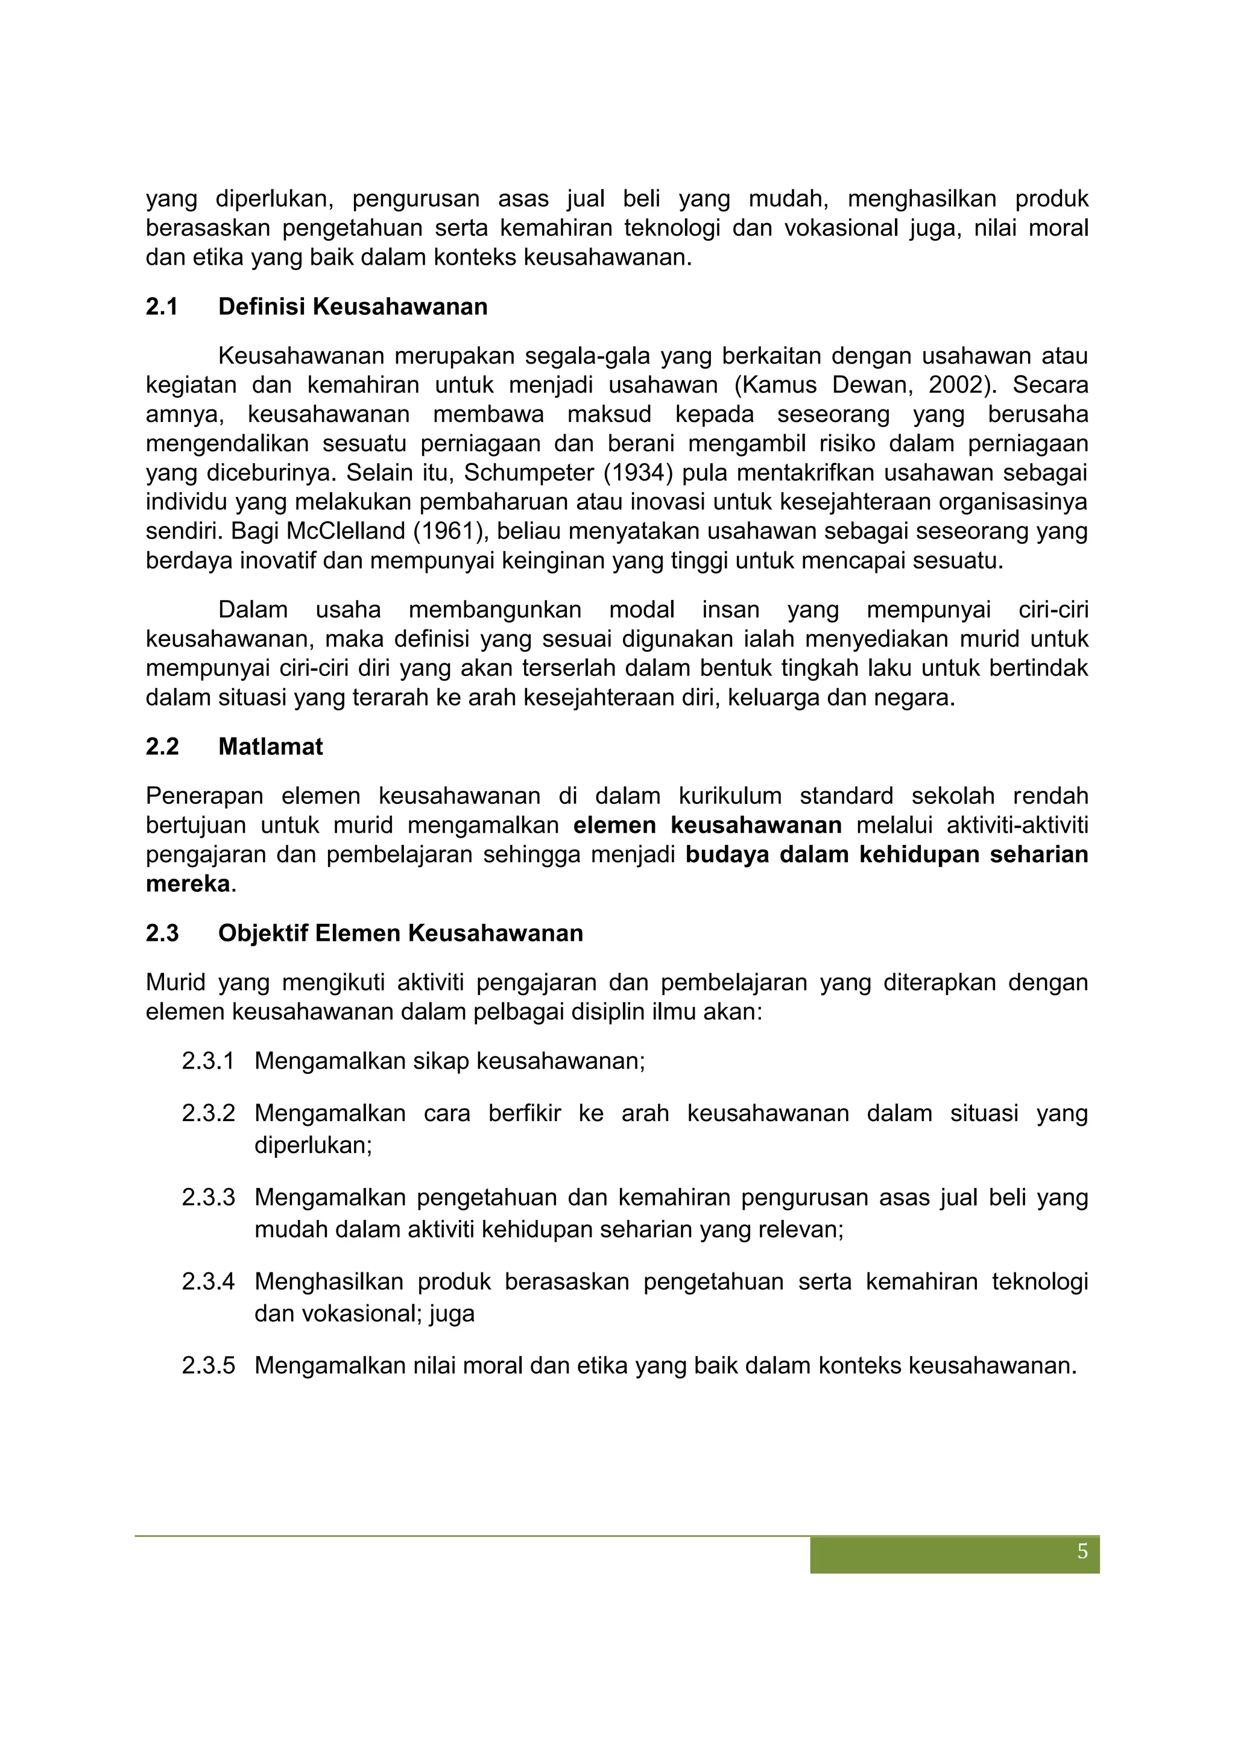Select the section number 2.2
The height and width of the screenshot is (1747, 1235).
pos(162,747)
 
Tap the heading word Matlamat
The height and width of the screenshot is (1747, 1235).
pos(270,747)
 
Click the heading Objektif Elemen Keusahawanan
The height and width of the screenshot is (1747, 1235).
pos(400,933)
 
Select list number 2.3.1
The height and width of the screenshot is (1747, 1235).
pos(207,1061)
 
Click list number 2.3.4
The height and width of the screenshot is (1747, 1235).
pos(207,1282)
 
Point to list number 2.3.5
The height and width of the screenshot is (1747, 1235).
pos(207,1366)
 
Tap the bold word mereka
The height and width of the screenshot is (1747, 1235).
pos(187,883)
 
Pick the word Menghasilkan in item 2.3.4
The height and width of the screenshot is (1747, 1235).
pos(328,1282)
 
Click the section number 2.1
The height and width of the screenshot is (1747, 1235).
pos(162,306)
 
